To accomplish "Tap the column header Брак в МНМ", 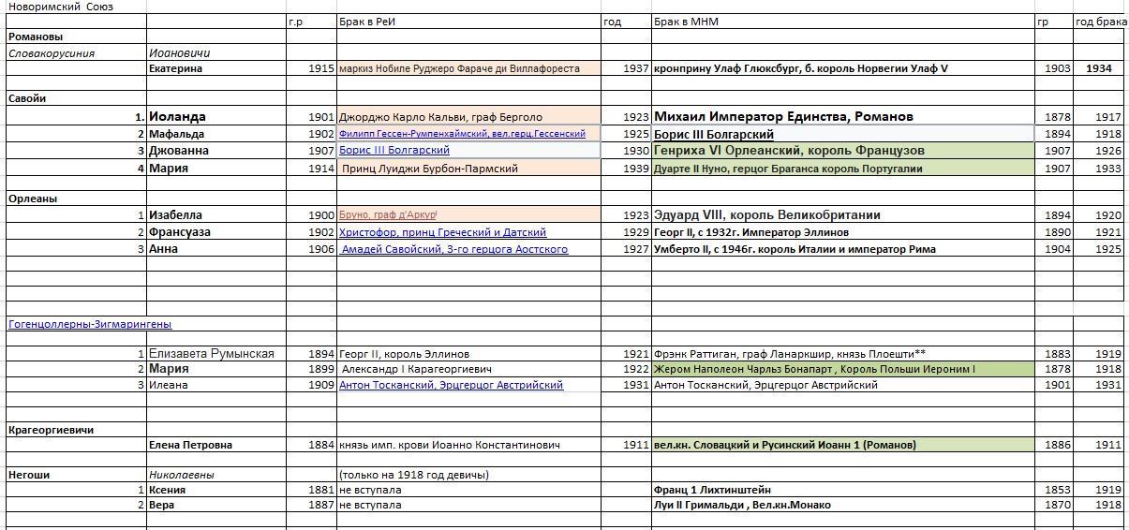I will coord(686,22).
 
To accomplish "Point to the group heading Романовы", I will coord(36,37).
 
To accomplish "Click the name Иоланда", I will coord(177,117).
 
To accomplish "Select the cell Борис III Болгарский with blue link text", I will coord(394,150).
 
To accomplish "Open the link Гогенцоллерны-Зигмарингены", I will coord(90,324).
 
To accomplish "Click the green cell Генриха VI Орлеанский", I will coord(789,150).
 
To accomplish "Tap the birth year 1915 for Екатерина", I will coord(320,68).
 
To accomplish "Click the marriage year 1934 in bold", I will coord(1098,68).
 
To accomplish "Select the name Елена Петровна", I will coord(190,445).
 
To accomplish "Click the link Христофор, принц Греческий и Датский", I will coord(442,232).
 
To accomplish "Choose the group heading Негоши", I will coord(29,475).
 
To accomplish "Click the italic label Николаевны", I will coord(181,475).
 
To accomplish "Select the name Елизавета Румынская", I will coord(211,354).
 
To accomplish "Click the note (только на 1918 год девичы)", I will coord(413,475).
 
